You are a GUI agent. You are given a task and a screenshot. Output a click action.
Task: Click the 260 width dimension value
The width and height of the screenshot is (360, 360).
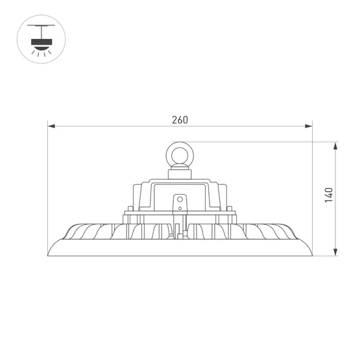coord(180,119)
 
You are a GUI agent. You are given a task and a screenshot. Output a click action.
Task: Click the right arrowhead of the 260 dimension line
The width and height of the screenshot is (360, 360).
coord(309,126)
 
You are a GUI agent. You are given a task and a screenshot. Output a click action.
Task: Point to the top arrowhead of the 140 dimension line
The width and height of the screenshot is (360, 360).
coord(335,145)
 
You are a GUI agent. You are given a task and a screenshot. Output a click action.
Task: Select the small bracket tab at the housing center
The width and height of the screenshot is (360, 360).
coord(180,203)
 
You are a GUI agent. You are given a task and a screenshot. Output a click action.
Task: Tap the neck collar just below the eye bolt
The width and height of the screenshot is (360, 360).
coord(180,173)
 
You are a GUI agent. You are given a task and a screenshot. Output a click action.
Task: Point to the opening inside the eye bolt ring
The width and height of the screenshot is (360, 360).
coord(180,154)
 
